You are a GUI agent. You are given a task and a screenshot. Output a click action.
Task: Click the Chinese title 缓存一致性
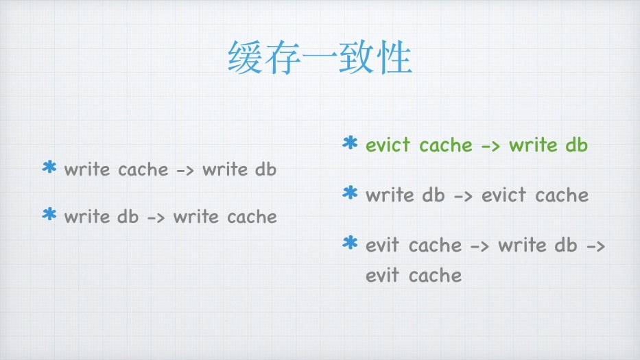320,59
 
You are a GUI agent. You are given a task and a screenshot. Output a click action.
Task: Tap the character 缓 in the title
246,59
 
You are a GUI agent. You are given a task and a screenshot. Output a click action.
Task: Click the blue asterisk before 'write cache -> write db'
49,168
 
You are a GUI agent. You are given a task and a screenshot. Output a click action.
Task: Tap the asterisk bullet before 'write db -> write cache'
49,215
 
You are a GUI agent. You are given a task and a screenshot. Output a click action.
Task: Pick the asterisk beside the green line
350,144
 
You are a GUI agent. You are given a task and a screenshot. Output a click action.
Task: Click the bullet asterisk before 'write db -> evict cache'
350,194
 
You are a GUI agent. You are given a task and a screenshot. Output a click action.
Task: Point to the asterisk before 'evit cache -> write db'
350,243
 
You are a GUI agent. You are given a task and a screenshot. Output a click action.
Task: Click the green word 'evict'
388,145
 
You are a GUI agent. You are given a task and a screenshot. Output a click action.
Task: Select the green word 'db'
577,145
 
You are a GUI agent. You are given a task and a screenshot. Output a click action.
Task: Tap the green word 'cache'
446,145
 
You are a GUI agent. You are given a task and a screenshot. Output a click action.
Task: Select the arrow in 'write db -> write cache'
156,218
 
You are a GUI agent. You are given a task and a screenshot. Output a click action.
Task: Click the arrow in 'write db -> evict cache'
463,196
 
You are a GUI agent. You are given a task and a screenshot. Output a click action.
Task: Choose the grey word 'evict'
504,195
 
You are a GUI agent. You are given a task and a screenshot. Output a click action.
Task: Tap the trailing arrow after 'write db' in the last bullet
596,246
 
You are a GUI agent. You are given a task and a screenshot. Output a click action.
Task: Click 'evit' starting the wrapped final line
383,276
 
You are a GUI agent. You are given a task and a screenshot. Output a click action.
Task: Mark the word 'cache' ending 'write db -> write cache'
252,217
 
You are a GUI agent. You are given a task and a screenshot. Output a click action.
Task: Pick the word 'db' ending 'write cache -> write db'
265,169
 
